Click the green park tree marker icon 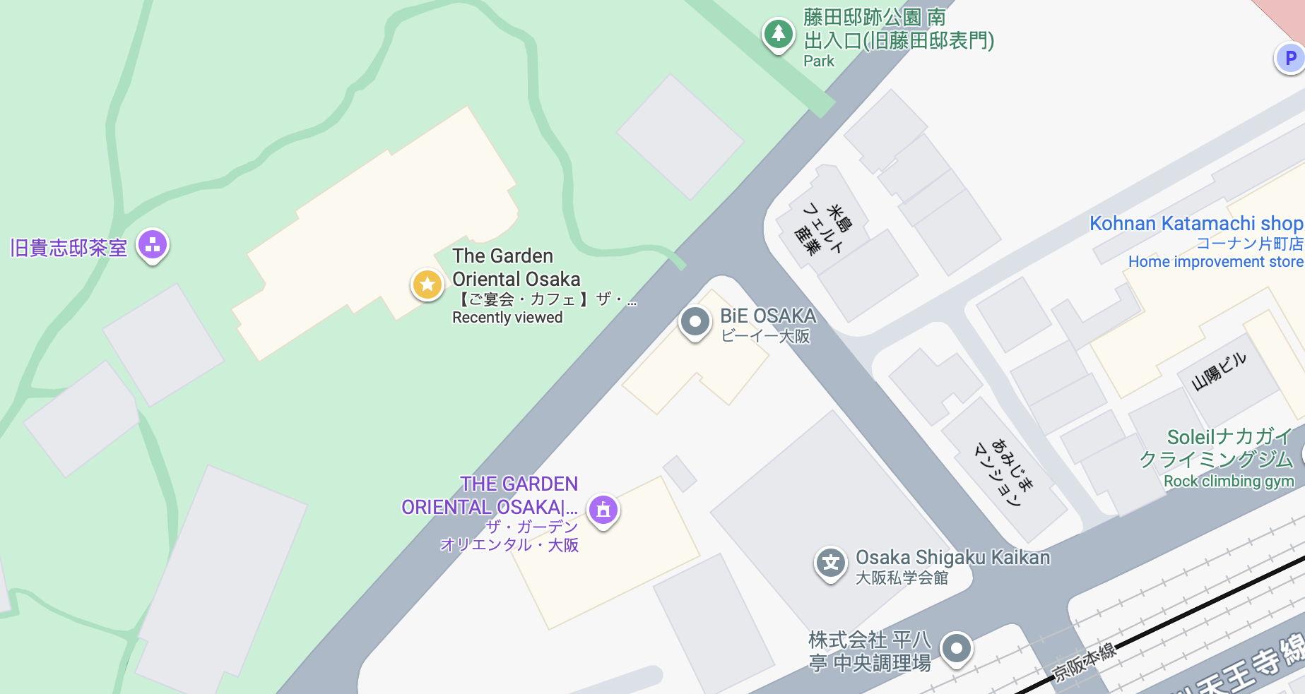[x=778, y=33]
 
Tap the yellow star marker [x=427, y=285]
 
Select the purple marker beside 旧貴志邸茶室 [x=153, y=245]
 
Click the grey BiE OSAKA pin [x=695, y=322]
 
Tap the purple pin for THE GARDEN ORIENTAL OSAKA [x=603, y=509]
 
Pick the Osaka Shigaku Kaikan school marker [x=831, y=564]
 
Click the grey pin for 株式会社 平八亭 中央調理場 [x=956, y=648]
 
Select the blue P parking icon [x=1290, y=58]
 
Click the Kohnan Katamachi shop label [x=1195, y=224]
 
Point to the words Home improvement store [x=1215, y=262]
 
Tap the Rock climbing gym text [x=1229, y=481]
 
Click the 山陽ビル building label [x=1219, y=371]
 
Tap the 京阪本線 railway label [x=1084, y=662]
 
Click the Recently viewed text [x=507, y=318]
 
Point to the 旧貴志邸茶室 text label [x=69, y=248]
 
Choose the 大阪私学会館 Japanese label [x=902, y=578]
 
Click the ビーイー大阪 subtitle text [x=765, y=336]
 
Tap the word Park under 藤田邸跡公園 [x=819, y=61]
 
